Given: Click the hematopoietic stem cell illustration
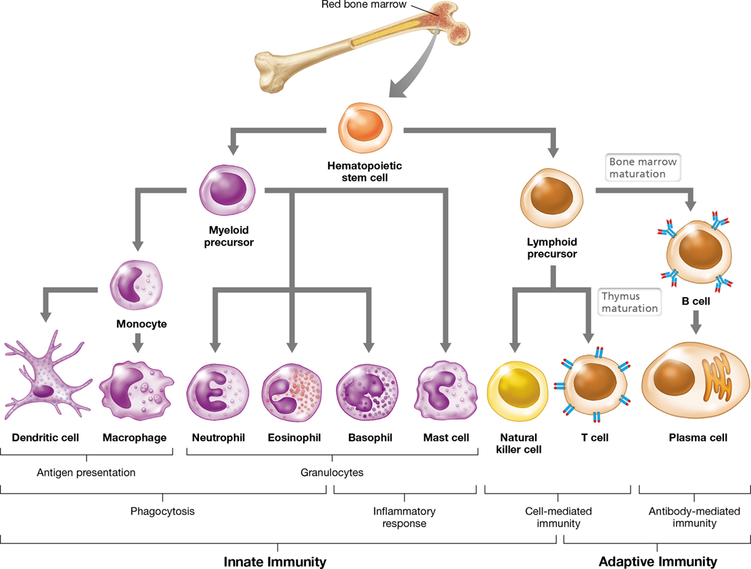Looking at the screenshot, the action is click(365, 127).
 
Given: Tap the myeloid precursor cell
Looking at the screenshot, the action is click(227, 190).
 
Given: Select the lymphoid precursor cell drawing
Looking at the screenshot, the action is click(552, 198).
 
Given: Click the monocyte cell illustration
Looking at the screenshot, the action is click(137, 286).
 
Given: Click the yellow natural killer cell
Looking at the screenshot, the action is click(518, 391).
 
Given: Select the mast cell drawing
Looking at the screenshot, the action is click(447, 390).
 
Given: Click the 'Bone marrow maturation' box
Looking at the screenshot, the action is click(643, 168).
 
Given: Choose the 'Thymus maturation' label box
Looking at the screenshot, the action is click(629, 302).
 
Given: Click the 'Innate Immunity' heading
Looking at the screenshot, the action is click(275, 562).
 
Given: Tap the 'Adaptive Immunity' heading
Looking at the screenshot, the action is click(658, 562).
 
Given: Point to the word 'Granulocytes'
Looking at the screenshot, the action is click(332, 473).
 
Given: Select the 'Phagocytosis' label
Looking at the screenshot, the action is click(162, 511).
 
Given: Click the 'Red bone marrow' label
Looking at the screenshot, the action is click(364, 4).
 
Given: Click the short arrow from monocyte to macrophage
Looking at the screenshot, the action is click(138, 343).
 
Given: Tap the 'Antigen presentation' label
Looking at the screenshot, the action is click(86, 473).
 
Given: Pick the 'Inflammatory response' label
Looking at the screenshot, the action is click(404, 518).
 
